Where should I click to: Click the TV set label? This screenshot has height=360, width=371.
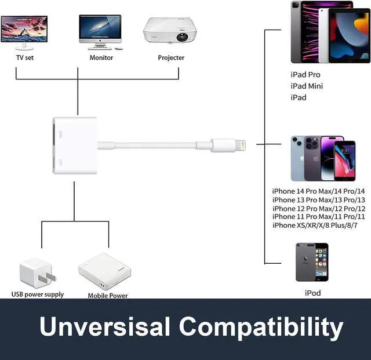click(x=25, y=57)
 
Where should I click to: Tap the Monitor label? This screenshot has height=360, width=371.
click(x=101, y=57)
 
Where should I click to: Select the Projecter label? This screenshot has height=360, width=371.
click(x=171, y=58)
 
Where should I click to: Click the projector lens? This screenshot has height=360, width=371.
click(x=182, y=37)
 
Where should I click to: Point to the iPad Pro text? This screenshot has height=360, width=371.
click(x=305, y=75)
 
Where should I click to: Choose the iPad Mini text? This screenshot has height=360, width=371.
click(x=307, y=86)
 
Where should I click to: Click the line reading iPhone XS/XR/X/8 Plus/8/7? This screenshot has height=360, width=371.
click(x=315, y=226)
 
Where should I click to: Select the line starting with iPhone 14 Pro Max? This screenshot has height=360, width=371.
click(x=318, y=191)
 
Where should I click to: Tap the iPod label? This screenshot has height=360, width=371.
click(x=313, y=293)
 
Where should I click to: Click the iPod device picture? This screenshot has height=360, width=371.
click(x=312, y=262)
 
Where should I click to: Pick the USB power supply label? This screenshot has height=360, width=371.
click(x=38, y=294)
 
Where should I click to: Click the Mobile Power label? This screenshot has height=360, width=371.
click(x=108, y=296)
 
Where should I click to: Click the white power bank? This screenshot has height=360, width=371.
click(x=104, y=271)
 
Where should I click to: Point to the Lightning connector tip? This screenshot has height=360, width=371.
click(x=241, y=145)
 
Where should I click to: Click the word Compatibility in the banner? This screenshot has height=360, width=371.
click(x=261, y=327)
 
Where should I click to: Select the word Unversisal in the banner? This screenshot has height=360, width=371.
click(x=104, y=326)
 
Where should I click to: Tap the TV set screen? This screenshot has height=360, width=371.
click(x=24, y=29)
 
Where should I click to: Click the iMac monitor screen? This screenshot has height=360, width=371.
click(x=100, y=26)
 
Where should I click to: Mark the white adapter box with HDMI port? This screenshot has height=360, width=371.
click(x=75, y=146)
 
